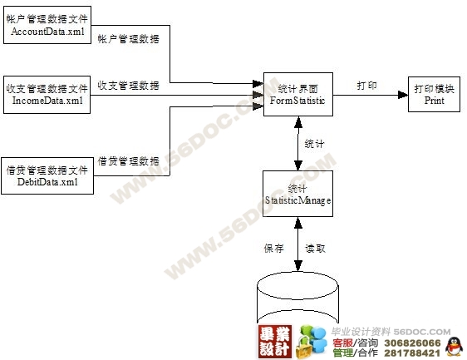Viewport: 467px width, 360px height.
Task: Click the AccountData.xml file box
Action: click(x=47, y=25)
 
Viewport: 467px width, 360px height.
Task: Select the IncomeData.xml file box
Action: click(x=47, y=95)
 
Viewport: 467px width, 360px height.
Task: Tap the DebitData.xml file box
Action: click(x=47, y=175)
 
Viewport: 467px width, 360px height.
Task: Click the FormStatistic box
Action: click(x=298, y=94)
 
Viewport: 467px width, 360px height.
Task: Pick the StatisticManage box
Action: click(x=297, y=194)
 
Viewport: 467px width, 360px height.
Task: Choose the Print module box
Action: click(x=434, y=95)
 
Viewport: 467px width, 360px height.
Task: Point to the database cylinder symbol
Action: click(x=297, y=298)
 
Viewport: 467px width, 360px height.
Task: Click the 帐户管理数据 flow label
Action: click(x=128, y=39)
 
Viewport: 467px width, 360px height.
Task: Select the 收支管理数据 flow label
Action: click(x=128, y=86)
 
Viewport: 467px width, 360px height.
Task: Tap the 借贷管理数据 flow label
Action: click(x=128, y=161)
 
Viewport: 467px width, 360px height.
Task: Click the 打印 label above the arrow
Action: click(x=366, y=86)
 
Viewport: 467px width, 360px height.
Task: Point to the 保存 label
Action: click(x=273, y=249)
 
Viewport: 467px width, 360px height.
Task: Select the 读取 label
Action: click(x=316, y=249)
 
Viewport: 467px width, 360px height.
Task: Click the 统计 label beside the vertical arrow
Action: click(x=314, y=144)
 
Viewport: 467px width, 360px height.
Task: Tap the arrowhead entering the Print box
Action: click(x=403, y=95)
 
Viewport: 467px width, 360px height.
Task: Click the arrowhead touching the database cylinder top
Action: click(x=298, y=266)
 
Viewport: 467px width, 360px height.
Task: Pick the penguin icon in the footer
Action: click(x=454, y=347)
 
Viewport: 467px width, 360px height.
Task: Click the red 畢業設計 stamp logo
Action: click(x=275, y=342)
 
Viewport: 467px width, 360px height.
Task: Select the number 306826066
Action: click(x=412, y=343)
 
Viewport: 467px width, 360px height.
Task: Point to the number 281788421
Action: click(x=412, y=353)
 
